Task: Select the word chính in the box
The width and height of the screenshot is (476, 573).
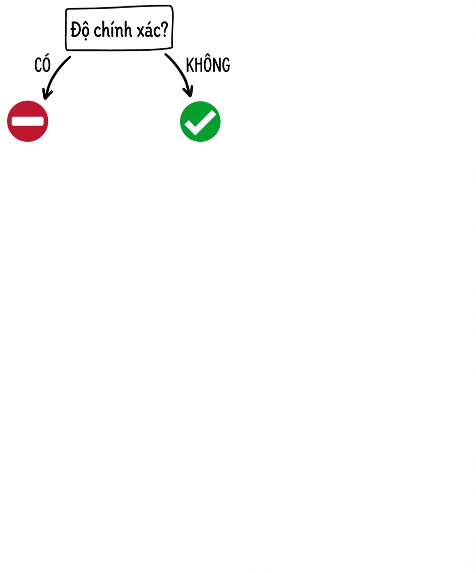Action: coord(112,29)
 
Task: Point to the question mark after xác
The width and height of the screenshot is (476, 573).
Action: coord(164,29)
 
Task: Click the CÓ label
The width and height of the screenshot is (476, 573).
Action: coord(42,64)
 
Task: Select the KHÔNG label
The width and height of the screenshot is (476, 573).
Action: coord(208,65)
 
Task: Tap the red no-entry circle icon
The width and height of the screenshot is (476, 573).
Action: coord(28,122)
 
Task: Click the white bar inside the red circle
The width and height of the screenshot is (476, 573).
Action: coord(28,122)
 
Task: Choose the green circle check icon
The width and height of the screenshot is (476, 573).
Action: coord(200,122)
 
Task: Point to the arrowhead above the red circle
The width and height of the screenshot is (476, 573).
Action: coord(46,94)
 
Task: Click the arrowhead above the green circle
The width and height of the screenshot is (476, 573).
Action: coord(189,92)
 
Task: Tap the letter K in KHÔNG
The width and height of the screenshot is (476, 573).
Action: coord(190,66)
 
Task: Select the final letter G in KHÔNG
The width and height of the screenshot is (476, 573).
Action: coord(226,66)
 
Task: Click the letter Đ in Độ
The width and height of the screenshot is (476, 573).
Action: coord(75,29)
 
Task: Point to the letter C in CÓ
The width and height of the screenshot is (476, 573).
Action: coord(38,66)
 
